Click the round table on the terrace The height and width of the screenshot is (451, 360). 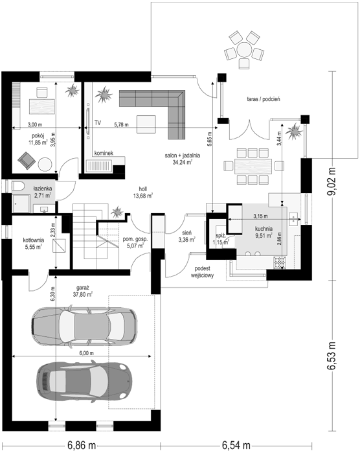[244, 50]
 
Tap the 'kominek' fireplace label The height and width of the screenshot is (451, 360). [104, 153]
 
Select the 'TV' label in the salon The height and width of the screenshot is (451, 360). [98, 123]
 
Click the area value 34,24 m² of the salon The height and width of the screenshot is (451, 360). [182, 162]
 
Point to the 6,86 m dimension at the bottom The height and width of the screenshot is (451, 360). [82, 445]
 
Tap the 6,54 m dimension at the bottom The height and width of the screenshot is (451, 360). [236, 445]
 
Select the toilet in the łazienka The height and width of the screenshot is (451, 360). [18, 186]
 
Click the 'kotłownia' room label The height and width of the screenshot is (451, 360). [33, 240]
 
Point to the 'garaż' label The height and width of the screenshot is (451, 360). [83, 288]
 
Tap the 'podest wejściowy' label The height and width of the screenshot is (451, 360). [202, 272]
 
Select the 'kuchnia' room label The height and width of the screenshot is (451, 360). [264, 229]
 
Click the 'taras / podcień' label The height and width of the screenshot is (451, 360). [264, 99]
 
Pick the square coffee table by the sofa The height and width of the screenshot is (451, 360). [146, 124]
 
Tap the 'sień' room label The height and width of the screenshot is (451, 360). [187, 233]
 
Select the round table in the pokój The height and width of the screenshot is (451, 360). [45, 165]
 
